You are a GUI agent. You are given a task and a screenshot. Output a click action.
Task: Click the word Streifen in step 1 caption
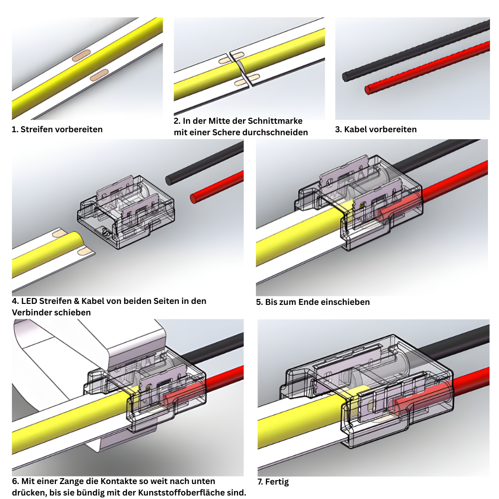[x=36, y=129]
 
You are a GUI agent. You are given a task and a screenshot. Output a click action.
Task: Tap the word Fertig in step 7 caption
[x=277, y=482]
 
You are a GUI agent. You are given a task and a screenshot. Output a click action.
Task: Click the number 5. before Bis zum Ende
[x=259, y=301]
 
